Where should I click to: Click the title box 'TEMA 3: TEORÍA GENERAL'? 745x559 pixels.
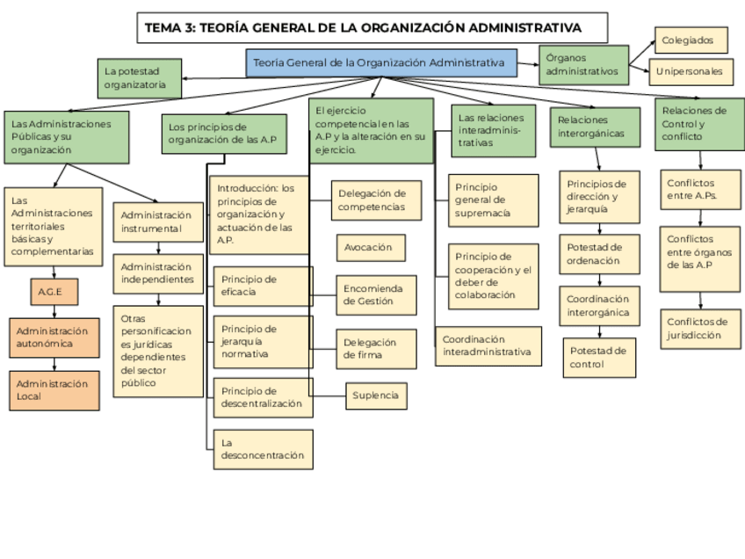click(372, 27)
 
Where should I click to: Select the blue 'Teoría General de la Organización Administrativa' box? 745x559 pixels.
click(380, 63)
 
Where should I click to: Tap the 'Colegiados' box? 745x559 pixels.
click(692, 40)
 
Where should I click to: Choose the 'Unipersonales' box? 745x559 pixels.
click(692, 71)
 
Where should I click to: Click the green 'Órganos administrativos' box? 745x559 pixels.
click(583, 64)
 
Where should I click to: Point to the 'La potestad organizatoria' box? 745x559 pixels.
click(140, 78)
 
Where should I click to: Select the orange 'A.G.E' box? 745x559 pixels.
click(54, 291)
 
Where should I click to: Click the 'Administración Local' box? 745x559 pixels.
click(54, 390)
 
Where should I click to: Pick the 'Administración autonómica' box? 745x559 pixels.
click(54, 338)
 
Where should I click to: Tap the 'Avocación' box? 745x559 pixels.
click(371, 248)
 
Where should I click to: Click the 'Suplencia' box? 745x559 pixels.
click(377, 396)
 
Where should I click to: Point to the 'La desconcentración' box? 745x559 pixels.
click(263, 449)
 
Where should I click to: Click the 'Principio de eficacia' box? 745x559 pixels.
click(263, 286)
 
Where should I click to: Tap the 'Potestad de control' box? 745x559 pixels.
click(599, 358)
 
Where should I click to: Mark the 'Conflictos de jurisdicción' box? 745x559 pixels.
click(700, 328)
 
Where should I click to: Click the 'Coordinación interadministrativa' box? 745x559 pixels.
click(488, 345)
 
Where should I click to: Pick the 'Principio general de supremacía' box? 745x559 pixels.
click(493, 200)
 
